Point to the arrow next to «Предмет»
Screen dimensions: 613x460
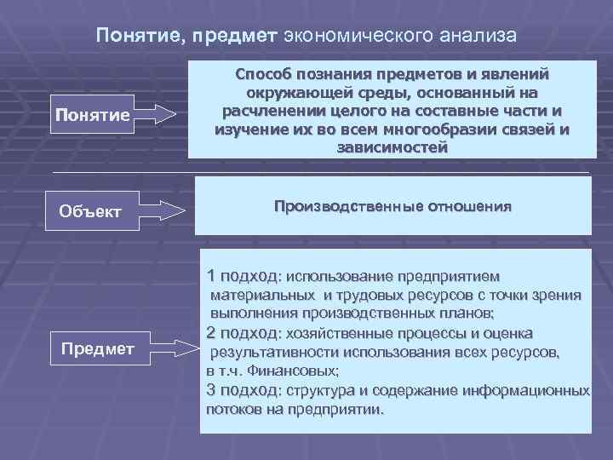pos(175,347)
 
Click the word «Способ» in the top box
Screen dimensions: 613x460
pos(265,74)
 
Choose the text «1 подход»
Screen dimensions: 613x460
pos(242,276)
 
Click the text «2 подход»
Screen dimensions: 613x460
pos(242,332)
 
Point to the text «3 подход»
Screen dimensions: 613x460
pos(242,390)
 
